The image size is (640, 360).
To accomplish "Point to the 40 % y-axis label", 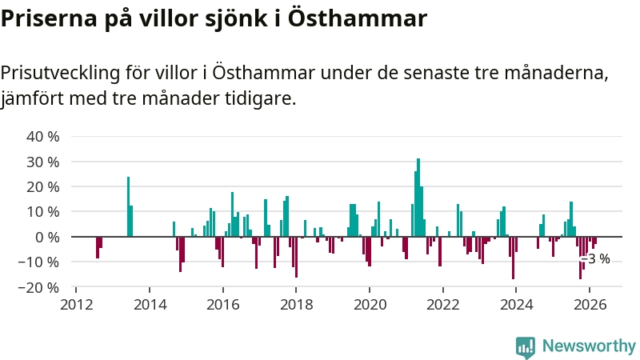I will (x=43, y=136).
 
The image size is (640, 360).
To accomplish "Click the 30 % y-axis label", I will (x=43, y=162).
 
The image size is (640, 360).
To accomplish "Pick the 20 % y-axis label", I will (x=43, y=186).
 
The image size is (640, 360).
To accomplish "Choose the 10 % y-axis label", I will (x=43, y=212).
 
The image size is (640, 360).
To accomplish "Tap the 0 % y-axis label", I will (x=46, y=237).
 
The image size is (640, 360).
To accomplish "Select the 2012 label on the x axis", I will (x=76, y=304).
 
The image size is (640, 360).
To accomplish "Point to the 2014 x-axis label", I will (x=150, y=304).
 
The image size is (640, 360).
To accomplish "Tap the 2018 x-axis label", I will (x=296, y=304).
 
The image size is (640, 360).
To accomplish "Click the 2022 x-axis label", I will (x=442, y=304).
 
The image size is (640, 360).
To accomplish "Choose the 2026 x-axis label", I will (x=590, y=304).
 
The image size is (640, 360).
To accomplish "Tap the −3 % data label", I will (x=598, y=258).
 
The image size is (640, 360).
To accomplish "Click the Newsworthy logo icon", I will (x=526, y=346).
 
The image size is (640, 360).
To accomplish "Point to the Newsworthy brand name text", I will (x=589, y=346).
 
